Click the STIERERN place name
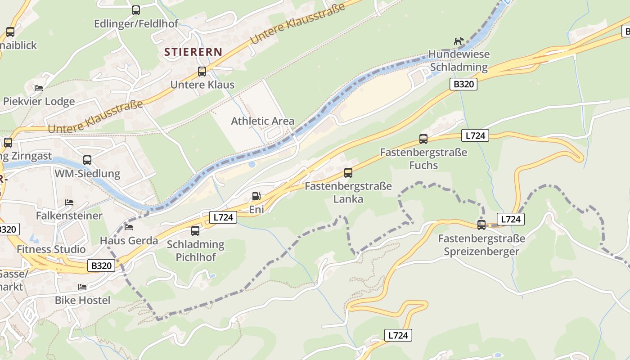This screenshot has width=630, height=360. coord(193,52)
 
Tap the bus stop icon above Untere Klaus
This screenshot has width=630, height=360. coord(202,72)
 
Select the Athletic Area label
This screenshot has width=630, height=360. coord(263,121)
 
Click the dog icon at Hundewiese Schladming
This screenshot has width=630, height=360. coord(459,41)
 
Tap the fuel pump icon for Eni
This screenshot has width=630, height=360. coord(256,196)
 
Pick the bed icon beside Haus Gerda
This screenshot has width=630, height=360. coord(129,227)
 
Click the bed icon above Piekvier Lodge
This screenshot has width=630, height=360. coord(39,88)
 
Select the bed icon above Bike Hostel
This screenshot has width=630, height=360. coord(82,287)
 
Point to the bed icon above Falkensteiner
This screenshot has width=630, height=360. coord(69,202)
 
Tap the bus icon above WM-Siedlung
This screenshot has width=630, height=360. coord(87,160)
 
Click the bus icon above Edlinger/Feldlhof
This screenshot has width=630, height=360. coord(136,10)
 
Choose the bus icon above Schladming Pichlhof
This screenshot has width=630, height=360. coord(195,231)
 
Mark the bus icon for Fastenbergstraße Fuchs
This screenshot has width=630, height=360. coord(423,139)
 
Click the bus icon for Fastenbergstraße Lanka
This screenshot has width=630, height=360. coord(348,172)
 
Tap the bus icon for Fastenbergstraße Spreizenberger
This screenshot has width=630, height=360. coord(481,225)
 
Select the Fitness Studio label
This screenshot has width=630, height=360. coord(51,249)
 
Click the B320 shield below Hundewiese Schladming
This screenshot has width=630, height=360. coord(463,84)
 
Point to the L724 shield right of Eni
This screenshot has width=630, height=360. coord(223,217)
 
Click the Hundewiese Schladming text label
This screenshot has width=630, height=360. coord(459,61)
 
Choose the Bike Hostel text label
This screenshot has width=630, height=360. coord(82,300)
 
